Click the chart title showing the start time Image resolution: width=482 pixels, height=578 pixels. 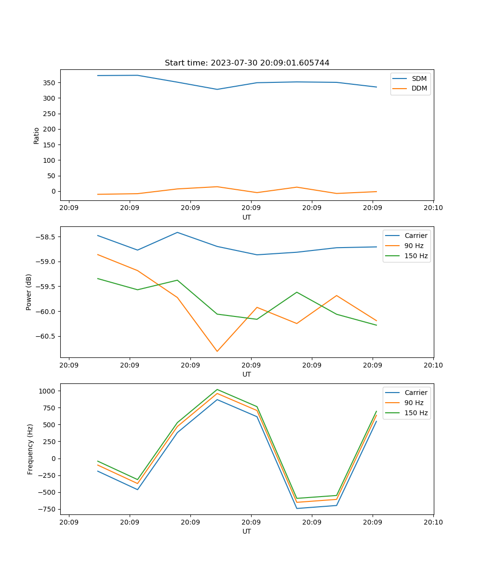[x=247, y=63]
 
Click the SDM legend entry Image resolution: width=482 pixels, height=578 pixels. [x=419, y=79]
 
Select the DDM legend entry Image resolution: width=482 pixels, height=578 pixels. [x=419, y=88]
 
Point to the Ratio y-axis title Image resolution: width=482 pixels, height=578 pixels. [x=37, y=135]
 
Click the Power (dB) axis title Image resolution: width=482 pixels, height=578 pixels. [x=29, y=292]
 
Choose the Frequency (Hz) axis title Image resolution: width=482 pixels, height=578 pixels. [x=30, y=449]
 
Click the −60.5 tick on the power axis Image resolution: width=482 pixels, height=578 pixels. [x=46, y=336]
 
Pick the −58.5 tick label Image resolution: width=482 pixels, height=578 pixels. [x=46, y=237]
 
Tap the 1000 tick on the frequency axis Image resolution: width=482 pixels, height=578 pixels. [x=48, y=391]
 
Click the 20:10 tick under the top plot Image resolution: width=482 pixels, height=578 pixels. [x=433, y=208]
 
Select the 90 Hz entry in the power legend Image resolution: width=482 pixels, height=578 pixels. [x=414, y=246]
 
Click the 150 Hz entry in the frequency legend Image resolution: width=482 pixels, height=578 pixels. [x=416, y=413]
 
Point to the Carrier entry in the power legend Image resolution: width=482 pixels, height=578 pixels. [x=415, y=236]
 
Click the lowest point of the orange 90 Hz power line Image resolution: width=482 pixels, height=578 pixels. [x=217, y=351]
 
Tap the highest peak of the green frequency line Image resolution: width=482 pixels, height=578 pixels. [x=217, y=389]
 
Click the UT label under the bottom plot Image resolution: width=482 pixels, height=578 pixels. [x=247, y=531]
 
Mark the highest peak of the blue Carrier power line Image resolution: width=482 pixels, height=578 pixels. [x=177, y=232]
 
